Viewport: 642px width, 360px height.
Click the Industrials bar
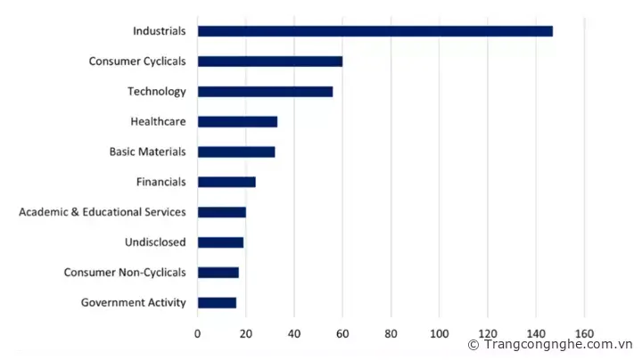[374, 31]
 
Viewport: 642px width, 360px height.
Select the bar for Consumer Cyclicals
[269, 61]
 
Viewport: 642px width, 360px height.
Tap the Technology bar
[265, 91]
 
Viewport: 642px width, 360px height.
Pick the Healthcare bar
[237, 121]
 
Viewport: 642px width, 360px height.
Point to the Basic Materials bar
[236, 151]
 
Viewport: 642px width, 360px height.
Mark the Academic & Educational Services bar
[221, 212]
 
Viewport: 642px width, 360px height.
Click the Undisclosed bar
[220, 242]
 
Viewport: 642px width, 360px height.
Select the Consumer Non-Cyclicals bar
[218, 273]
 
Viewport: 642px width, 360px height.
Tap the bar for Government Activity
[217, 303]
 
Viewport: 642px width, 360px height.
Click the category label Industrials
[159, 31]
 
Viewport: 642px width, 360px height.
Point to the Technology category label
[156, 91]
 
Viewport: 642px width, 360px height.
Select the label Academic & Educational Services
[103, 212]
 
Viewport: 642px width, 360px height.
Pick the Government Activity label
[134, 303]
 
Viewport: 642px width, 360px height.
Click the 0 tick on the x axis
[198, 333]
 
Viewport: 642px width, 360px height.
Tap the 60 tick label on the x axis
[342, 333]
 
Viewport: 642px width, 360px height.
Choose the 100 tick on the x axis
[439, 333]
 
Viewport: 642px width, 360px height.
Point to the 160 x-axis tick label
[584, 333]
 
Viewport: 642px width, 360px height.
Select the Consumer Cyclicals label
[137, 61]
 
